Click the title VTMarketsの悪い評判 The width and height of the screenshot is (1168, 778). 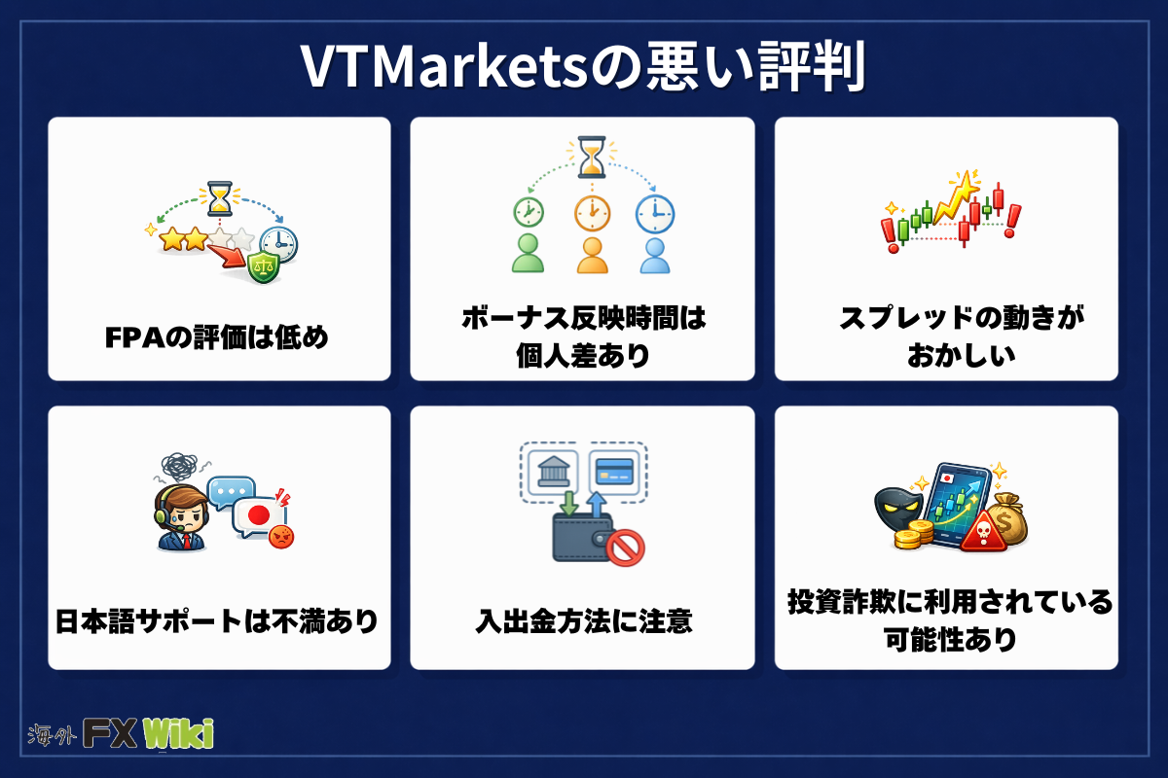click(583, 67)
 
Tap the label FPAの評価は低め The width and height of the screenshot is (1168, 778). click(217, 337)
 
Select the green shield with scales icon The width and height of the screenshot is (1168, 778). click(264, 266)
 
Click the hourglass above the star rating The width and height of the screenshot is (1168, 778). click(220, 198)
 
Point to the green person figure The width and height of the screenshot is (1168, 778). click(528, 253)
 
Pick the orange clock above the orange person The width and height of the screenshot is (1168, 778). click(592, 213)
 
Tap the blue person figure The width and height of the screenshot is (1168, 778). click(655, 256)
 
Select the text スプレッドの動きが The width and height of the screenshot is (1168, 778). click(962, 317)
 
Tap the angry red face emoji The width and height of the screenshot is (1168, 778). click(281, 536)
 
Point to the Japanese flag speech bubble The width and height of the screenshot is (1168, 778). click(259, 517)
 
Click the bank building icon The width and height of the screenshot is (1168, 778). click(553, 471)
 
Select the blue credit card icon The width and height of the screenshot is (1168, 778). click(614, 472)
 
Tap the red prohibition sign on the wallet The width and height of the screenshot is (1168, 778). click(625, 548)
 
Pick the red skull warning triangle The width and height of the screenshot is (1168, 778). click(983, 530)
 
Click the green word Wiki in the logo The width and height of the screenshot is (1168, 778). click(178, 733)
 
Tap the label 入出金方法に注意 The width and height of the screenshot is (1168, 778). click(583, 621)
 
